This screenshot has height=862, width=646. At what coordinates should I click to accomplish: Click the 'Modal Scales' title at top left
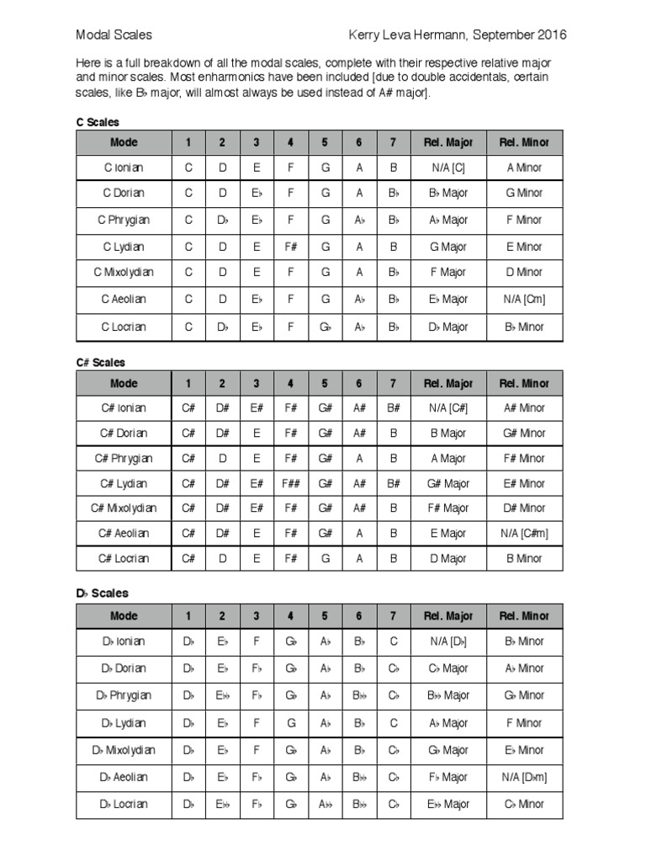pos(114,35)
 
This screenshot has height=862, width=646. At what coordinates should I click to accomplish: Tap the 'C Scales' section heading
pos(98,122)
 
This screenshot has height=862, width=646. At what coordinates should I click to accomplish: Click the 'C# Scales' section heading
pos(100,363)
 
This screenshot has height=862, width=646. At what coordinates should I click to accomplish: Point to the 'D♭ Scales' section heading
pos(102,593)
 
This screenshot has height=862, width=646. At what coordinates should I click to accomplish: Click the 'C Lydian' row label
pos(124,247)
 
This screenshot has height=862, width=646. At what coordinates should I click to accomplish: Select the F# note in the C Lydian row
pos(290,247)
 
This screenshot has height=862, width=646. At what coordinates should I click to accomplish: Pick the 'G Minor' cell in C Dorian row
pos(524,193)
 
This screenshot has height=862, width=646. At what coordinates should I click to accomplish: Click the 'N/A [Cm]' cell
pos(524,300)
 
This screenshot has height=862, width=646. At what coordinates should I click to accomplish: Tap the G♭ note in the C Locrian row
pos(324,327)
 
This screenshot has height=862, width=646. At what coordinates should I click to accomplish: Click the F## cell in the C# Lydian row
pos(290,484)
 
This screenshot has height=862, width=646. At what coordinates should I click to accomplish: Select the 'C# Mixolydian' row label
pos(124,508)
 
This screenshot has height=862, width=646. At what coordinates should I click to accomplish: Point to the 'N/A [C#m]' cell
pos(524,534)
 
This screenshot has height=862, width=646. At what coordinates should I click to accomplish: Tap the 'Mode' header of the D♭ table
pos(124,616)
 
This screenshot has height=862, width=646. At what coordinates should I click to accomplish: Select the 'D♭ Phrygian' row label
pos(124,695)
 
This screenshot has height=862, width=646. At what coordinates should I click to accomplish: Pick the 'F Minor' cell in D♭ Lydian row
pos(524,723)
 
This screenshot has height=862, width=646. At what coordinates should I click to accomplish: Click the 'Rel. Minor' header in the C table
pos(524,142)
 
